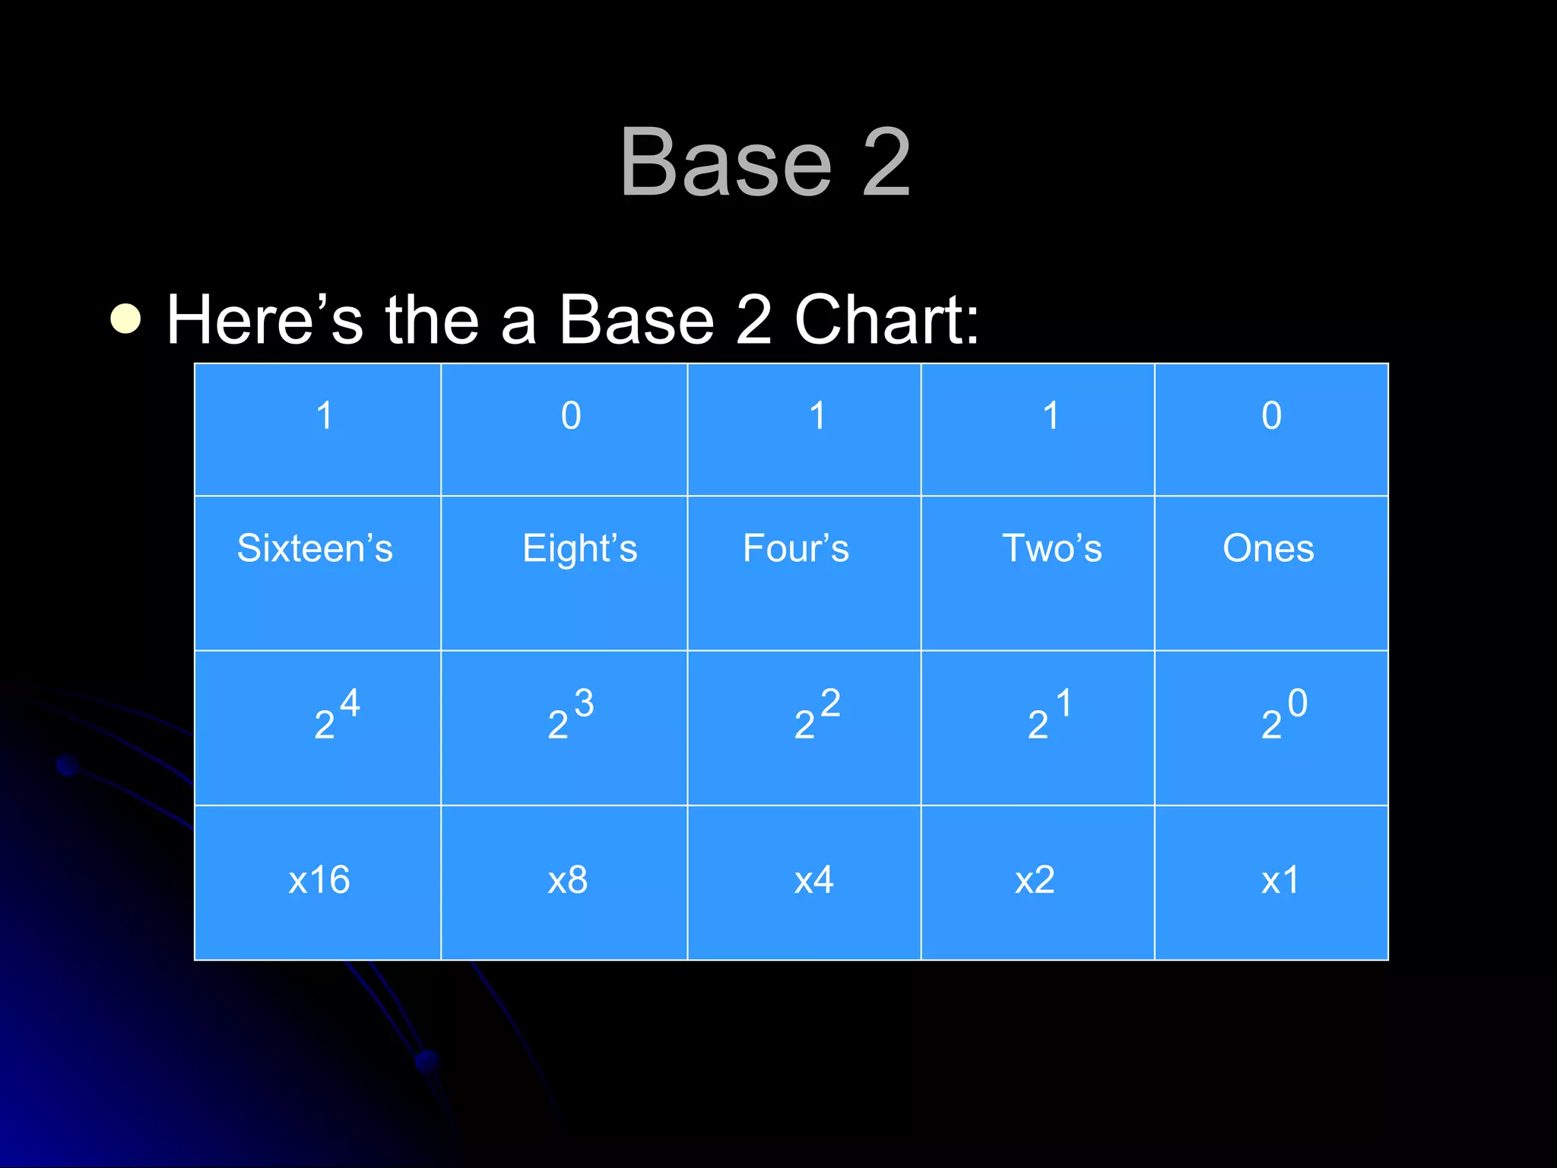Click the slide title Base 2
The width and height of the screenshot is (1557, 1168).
(765, 163)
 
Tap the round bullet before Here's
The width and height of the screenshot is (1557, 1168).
(126, 319)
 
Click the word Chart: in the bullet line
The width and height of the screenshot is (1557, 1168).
(886, 319)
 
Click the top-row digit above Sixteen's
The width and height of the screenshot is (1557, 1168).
(325, 415)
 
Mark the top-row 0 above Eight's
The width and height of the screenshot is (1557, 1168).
(571, 415)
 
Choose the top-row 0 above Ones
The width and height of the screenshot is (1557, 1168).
(1271, 415)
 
